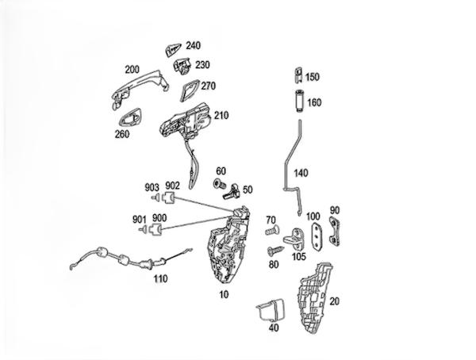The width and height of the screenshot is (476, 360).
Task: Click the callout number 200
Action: pyautogui.click(x=132, y=69)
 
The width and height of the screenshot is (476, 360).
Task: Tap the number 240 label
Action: pyautogui.click(x=193, y=46)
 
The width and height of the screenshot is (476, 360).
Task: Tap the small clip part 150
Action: pyautogui.click(x=297, y=76)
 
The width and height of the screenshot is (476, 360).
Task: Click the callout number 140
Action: pyautogui.click(x=300, y=172)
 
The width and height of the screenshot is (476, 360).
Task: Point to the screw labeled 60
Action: pyautogui.click(x=218, y=184)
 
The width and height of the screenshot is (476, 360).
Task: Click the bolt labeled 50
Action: pyautogui.click(x=232, y=191)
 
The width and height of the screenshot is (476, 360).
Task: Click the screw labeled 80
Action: pyautogui.click(x=275, y=250)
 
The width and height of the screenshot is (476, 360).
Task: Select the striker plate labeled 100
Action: pyautogui.click(x=316, y=235)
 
